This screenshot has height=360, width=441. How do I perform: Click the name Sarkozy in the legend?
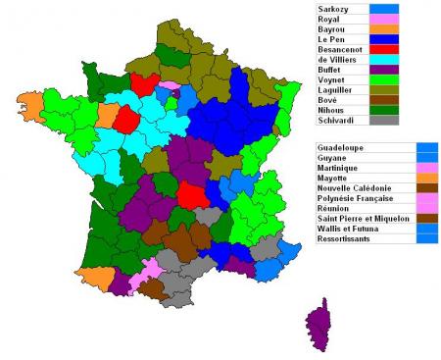(333, 8)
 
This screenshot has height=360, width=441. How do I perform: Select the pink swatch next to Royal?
(385, 19)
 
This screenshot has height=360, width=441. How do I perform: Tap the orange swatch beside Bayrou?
(385, 30)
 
